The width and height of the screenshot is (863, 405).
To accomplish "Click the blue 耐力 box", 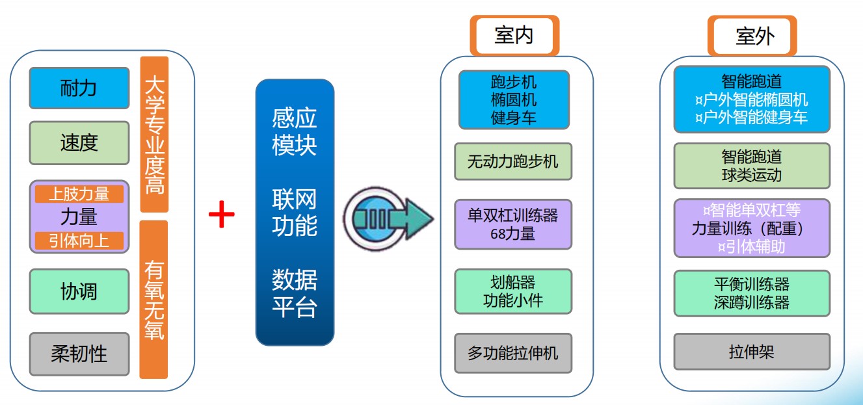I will coord(79,88).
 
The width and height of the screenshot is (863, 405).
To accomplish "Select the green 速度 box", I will coord(79,142).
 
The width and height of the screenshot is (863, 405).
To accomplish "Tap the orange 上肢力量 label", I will coord(79,194).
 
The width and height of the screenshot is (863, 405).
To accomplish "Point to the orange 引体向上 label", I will coord(79,241).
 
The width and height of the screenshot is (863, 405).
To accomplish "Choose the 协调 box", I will coord(79,292).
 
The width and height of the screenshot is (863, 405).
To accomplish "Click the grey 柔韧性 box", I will coord(79,354).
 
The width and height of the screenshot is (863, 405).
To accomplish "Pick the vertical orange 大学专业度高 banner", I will coord(154,135).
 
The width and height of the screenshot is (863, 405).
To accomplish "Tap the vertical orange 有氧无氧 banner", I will coord(154,299).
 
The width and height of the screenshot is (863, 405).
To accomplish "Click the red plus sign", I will coord(221,215).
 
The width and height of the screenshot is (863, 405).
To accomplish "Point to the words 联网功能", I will coord(295,213).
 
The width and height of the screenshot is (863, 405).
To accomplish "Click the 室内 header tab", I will coord(514,35).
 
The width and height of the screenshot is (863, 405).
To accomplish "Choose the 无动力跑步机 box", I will coord(512,161).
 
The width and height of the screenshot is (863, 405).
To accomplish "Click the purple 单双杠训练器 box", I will coord(512,224).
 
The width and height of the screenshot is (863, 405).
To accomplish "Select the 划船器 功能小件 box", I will coord(512,291).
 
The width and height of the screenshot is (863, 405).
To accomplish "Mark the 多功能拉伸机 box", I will coord(512,353).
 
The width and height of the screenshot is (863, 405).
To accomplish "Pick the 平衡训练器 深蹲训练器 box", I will coord(751,293).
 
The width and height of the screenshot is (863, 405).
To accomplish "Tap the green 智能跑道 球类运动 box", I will coord(751,166).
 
